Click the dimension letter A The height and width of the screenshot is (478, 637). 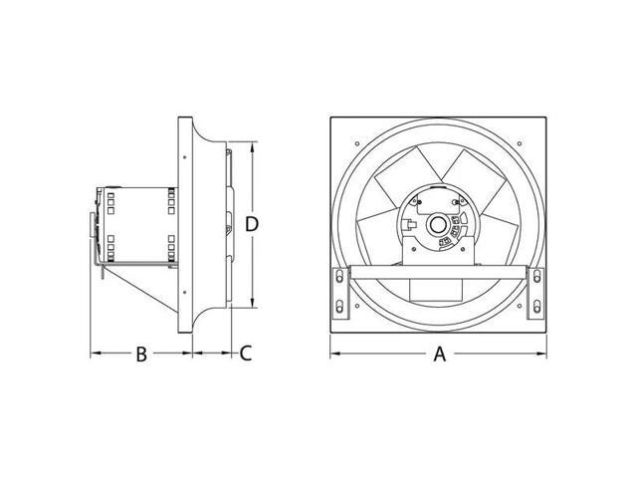point(439,354)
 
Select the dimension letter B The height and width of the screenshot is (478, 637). point(141,354)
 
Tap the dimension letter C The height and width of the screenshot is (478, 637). point(246,354)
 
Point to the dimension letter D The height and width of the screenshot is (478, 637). point(253,225)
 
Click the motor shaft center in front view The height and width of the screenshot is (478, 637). point(437,225)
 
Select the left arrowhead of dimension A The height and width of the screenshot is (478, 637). point(334,354)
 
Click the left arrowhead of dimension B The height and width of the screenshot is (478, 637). point(95,354)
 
